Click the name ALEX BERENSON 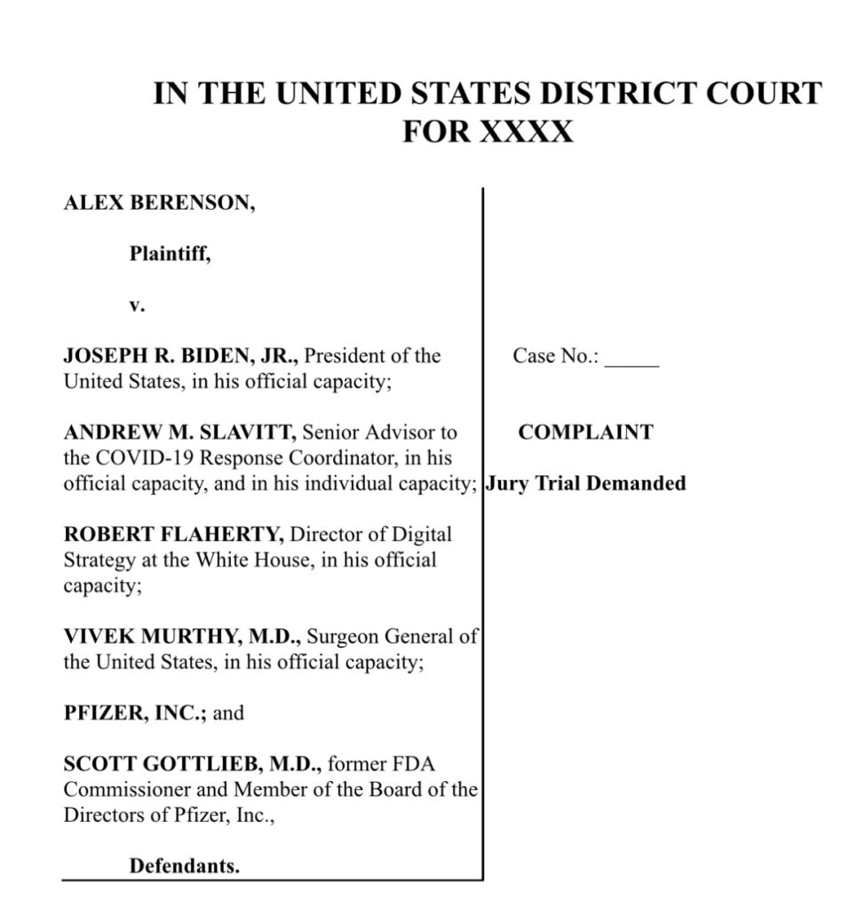(x=159, y=204)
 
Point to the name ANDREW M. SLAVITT (x=180, y=433)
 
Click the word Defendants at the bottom (x=185, y=866)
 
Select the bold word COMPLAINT (x=585, y=433)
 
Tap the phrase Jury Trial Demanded (x=587, y=484)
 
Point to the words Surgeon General (x=379, y=636)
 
